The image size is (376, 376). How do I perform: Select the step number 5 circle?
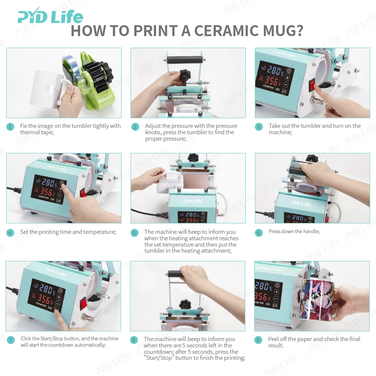pos(135,233)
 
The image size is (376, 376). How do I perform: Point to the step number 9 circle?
pos(258,340)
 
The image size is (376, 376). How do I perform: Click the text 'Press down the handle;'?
pos(294,232)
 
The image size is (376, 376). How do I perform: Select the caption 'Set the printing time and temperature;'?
pos(68,232)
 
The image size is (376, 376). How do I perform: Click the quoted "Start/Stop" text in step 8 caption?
pos(158,358)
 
